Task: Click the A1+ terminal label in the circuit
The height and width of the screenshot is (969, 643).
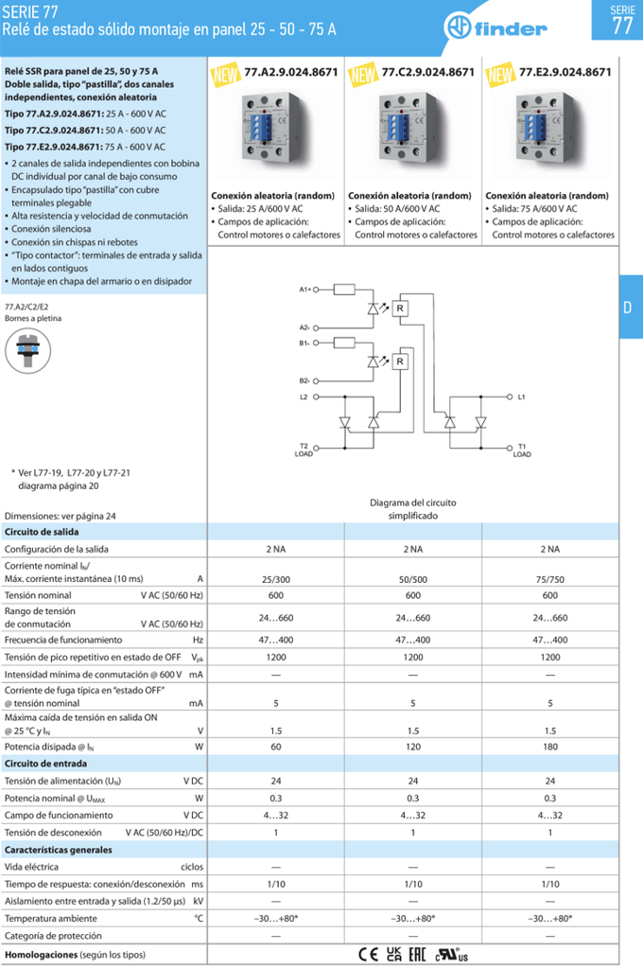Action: (x=305, y=289)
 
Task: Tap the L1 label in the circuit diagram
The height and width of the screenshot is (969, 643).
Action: (x=522, y=396)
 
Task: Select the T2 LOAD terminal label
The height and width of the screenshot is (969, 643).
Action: (x=304, y=449)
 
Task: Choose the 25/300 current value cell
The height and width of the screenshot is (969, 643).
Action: (x=275, y=578)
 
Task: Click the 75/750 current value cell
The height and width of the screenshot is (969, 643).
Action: (x=549, y=578)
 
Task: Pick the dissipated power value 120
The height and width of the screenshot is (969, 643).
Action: (x=412, y=746)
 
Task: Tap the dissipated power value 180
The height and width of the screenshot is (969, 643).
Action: (x=549, y=746)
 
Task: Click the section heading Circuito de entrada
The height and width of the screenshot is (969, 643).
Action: (x=46, y=764)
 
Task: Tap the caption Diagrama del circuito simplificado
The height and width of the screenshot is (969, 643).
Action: (x=412, y=509)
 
